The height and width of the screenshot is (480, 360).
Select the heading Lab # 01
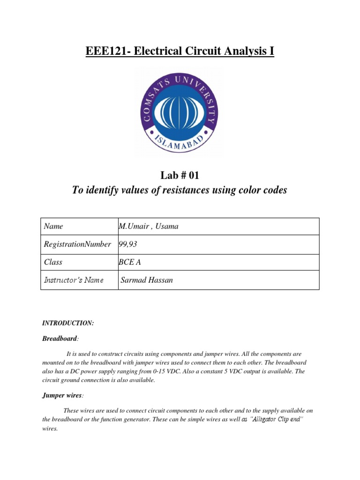pos(180,176)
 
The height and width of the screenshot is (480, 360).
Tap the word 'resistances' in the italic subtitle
pos(193,190)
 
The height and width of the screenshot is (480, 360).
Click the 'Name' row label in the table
pos(53,226)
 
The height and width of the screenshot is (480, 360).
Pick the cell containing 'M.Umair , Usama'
pos(149,226)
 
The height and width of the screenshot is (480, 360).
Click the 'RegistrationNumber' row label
pos(77,244)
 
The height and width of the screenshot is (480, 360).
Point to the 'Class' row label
pos(53,262)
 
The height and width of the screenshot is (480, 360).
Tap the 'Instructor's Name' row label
pos(74,280)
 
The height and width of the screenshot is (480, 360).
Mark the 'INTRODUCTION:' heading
pos(68,323)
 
